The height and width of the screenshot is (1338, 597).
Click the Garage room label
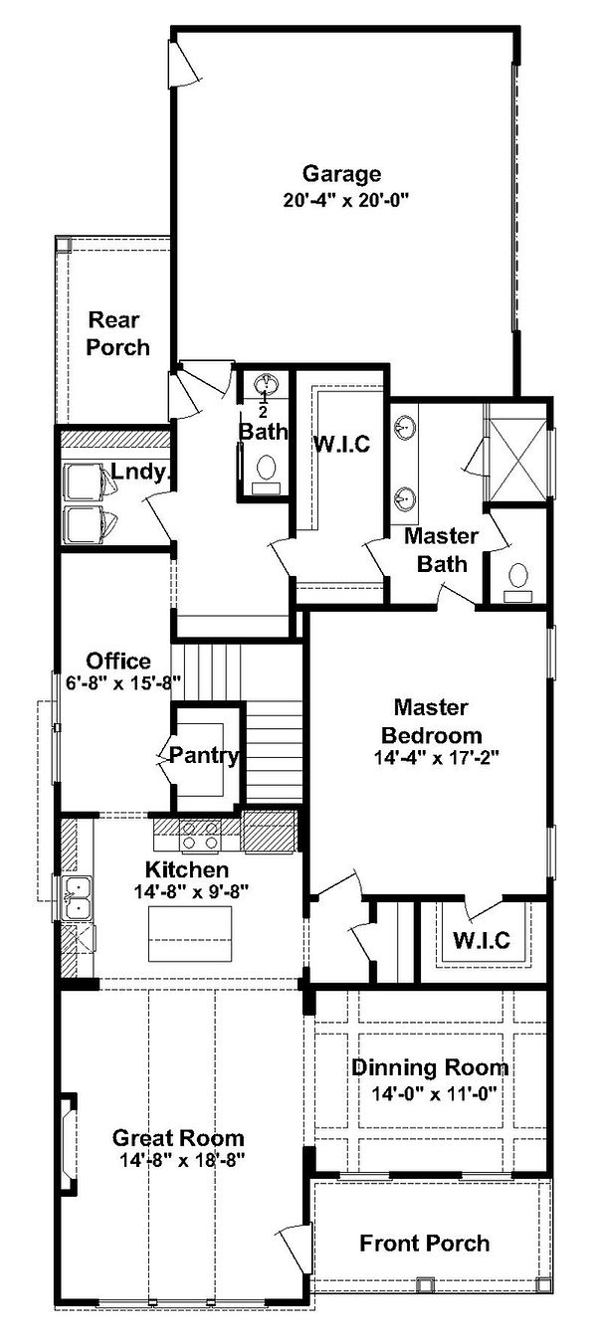point(341,174)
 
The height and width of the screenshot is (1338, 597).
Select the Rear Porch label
point(117,334)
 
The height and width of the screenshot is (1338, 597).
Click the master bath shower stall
point(517,451)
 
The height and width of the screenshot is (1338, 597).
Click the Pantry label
point(204,756)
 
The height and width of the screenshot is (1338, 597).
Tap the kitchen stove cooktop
point(200,835)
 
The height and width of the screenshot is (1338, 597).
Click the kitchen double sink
point(79,897)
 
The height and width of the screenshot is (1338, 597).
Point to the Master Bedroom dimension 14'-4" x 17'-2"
point(436,757)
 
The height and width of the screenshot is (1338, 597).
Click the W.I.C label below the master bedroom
point(482,940)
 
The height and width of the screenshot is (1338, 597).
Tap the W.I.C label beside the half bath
point(342,444)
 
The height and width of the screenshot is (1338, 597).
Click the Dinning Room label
point(430,1067)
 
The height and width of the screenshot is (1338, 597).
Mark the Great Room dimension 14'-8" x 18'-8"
point(183,1160)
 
